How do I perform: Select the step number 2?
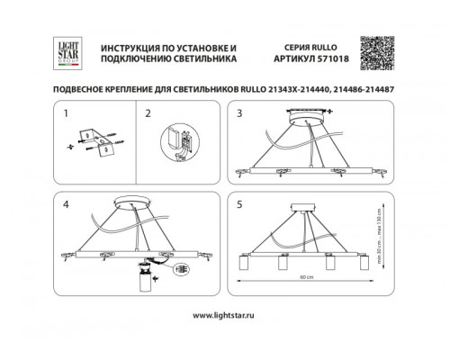tap(150, 114)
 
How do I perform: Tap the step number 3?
tap(239, 114)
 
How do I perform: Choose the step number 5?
tap(239, 203)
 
